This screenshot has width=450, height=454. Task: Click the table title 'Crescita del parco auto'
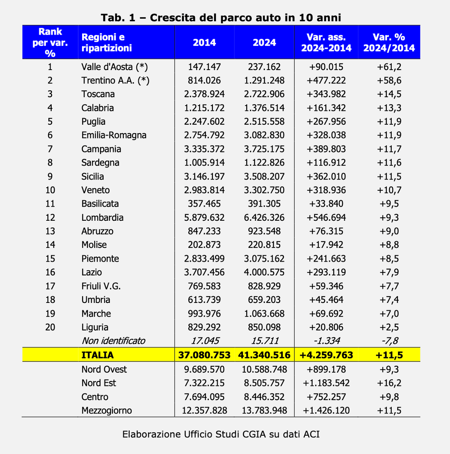pyautogui.click(x=221, y=18)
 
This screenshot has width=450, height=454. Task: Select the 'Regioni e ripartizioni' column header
pyautogui.click(x=107, y=43)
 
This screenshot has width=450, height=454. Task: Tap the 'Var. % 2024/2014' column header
pyautogui.click(x=389, y=43)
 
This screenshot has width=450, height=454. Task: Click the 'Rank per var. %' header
pyautogui.click(x=50, y=42)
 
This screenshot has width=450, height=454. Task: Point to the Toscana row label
pyautogui.click(x=98, y=94)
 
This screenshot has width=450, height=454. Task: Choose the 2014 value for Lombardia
pyautogui.click(x=204, y=217)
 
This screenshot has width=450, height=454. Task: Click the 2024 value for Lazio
pyautogui.click(x=264, y=272)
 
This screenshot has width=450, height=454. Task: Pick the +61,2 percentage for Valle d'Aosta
pyautogui.click(x=389, y=67)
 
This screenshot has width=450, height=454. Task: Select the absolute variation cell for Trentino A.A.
pyautogui.click(x=326, y=81)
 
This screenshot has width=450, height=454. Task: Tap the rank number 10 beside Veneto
pyautogui.click(x=50, y=190)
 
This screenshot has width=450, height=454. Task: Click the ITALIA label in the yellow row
pyautogui.click(x=97, y=355)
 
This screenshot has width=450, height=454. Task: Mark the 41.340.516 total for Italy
pyautogui.click(x=264, y=355)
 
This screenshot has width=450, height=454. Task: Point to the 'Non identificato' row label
pyautogui.click(x=113, y=340)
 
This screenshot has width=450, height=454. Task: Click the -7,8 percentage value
pyautogui.click(x=389, y=340)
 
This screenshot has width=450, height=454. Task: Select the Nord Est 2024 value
pyautogui.click(x=264, y=383)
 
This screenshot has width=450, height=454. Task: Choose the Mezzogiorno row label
pyautogui.click(x=107, y=411)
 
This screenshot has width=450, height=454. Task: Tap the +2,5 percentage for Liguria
pyautogui.click(x=389, y=327)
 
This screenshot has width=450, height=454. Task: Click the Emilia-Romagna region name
pyautogui.click(x=114, y=135)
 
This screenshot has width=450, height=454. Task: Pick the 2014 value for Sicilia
pyautogui.click(x=204, y=176)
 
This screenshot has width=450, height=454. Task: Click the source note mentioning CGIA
pyautogui.click(x=221, y=434)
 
